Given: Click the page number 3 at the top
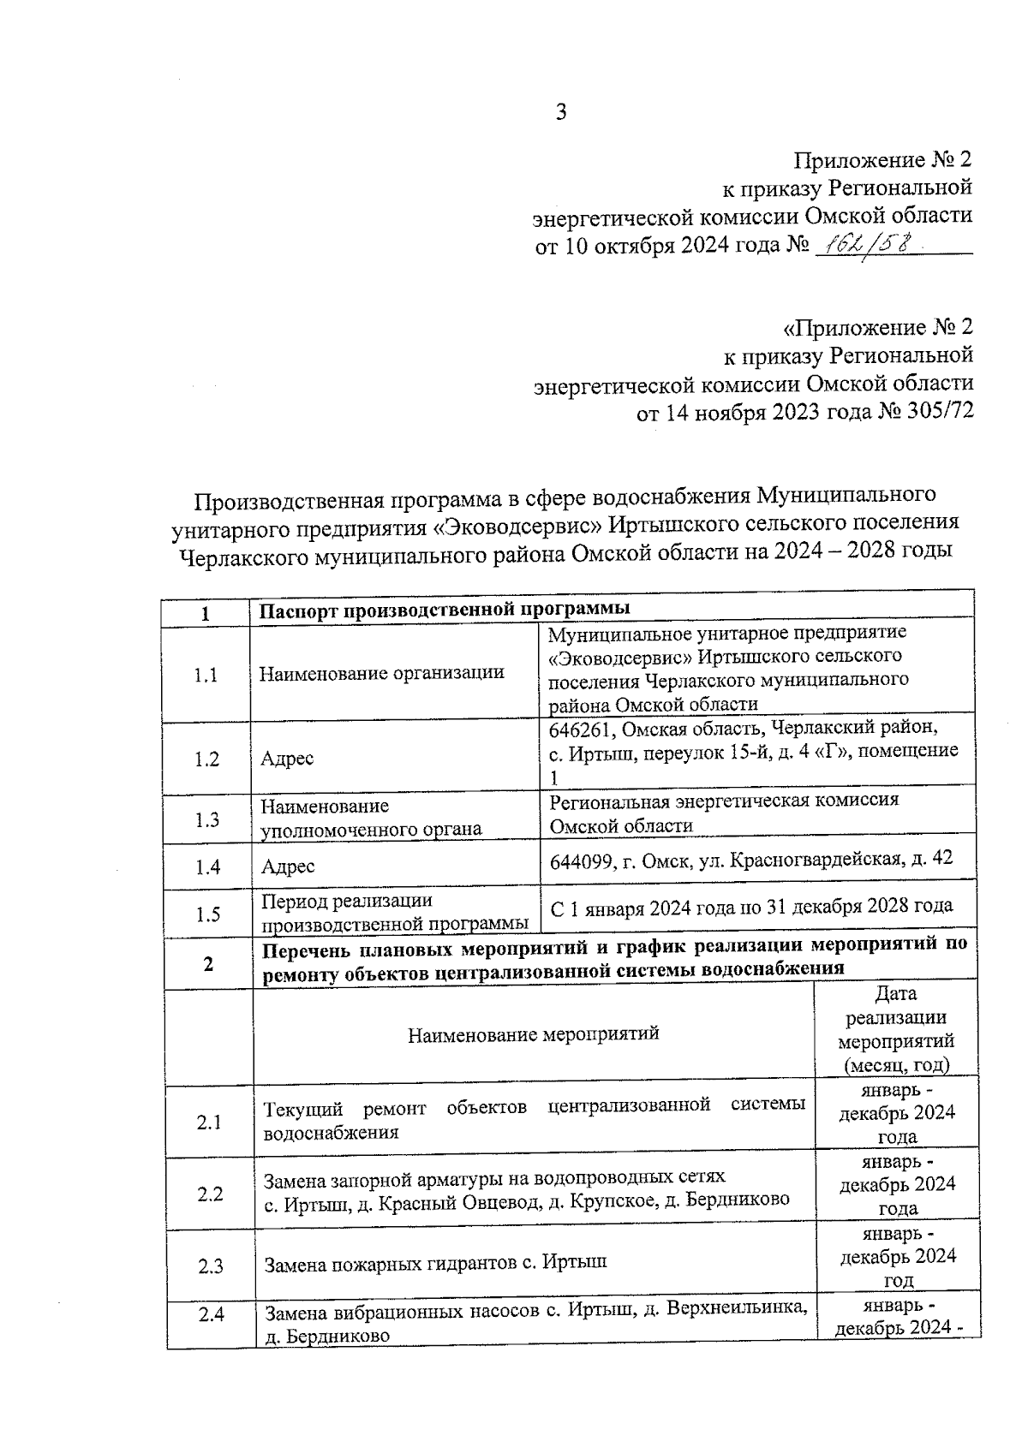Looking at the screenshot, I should pos(561,111).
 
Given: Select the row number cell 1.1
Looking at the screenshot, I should pos(206,676).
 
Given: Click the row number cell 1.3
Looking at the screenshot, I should pos(206,819).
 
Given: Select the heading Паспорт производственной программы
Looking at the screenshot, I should pos(445,609).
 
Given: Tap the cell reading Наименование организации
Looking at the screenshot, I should pos(381,673).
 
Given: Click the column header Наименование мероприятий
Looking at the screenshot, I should pos(533,1033).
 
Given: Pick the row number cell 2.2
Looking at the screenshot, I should pos(209,1194).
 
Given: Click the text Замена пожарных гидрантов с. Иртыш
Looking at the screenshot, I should pos(435,1263).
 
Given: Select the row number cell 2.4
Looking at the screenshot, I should pos(211,1314).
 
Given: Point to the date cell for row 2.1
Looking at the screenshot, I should pos(896,1113).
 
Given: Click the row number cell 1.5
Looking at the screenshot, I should pos(207,914).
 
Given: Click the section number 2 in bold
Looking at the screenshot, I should pos(208,964).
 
